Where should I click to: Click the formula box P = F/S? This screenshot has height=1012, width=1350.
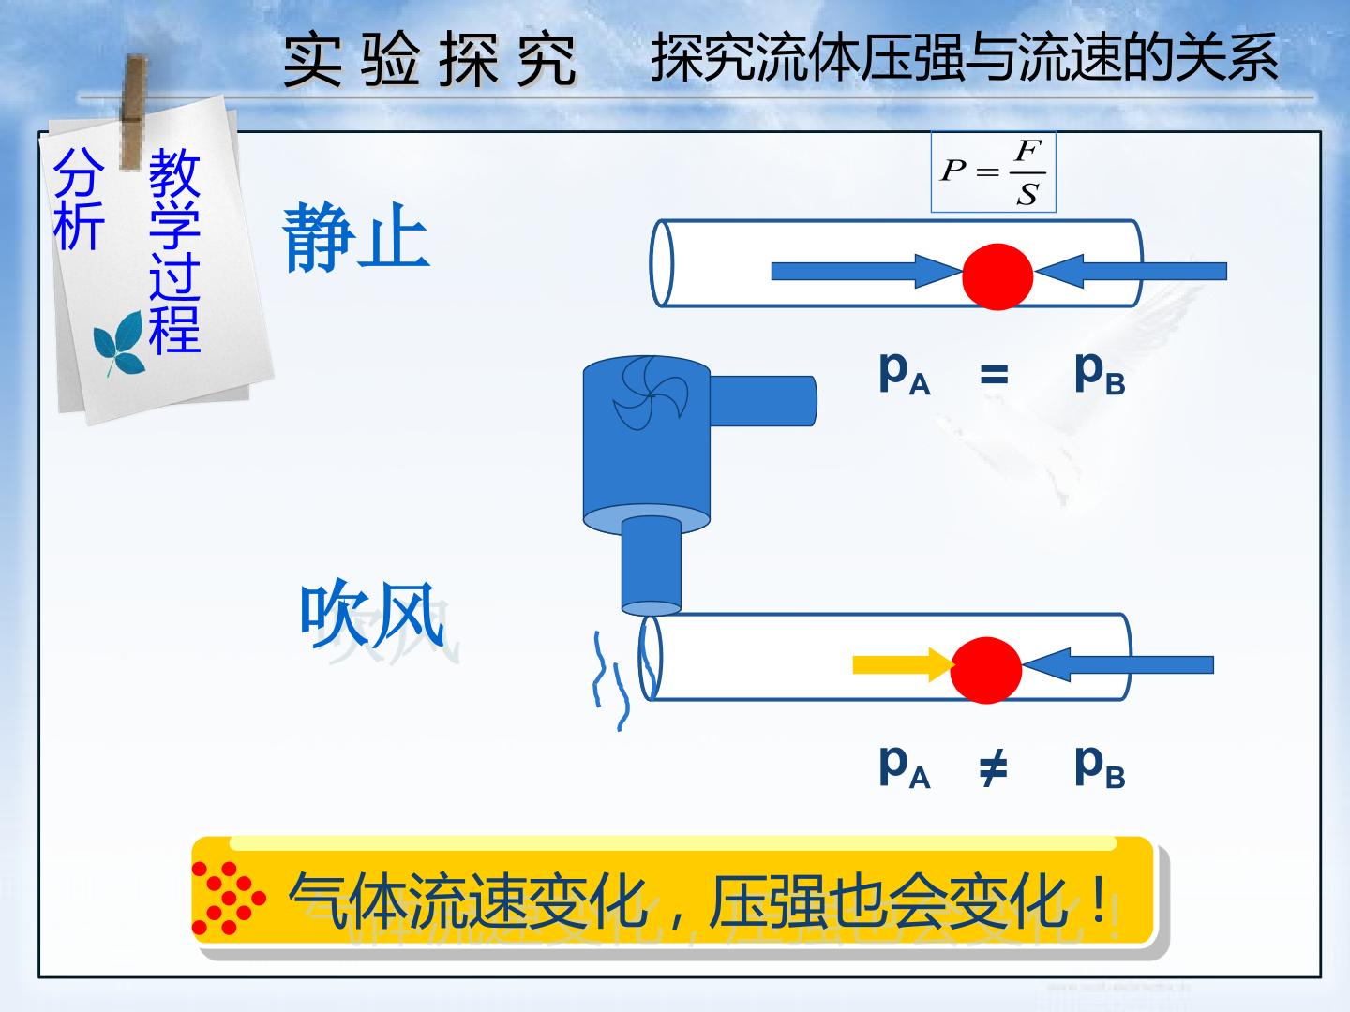(993, 171)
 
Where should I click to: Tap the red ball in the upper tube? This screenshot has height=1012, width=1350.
(997, 276)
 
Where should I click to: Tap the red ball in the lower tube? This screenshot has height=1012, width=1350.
(986, 670)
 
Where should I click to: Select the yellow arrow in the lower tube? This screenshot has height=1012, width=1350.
(903, 664)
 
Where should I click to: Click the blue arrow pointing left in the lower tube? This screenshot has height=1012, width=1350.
(1117, 664)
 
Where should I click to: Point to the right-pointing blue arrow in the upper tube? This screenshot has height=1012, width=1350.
(866, 271)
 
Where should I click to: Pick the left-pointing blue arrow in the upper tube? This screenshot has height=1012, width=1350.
(1131, 271)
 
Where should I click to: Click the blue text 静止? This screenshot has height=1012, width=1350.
(355, 237)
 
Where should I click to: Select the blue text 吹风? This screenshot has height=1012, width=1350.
(372, 615)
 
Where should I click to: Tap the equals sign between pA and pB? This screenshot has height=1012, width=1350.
(994, 374)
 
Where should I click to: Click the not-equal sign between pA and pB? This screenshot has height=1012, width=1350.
(993, 768)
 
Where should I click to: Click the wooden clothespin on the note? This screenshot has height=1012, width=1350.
(133, 112)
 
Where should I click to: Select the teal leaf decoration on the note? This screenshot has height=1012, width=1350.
(119, 342)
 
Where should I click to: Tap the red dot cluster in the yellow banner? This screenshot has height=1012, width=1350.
(228, 899)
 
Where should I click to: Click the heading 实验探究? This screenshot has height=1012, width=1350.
(429, 60)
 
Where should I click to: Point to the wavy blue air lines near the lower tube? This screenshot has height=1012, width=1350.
(611, 681)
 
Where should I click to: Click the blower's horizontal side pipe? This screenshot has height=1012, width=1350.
(763, 401)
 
